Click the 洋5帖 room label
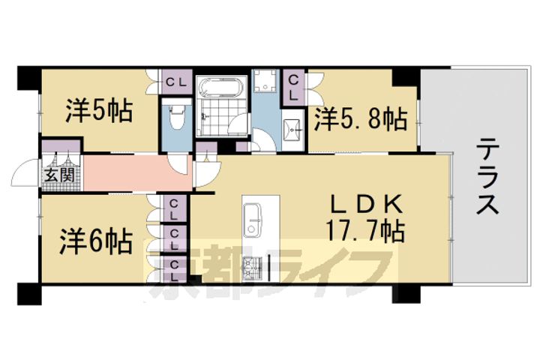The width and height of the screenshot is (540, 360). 98,110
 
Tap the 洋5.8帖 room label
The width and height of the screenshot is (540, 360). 361,119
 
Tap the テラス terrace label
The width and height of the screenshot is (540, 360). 488,175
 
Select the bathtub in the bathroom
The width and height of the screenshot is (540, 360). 221,88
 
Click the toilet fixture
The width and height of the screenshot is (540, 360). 177,116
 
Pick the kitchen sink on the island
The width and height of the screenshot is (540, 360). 253,220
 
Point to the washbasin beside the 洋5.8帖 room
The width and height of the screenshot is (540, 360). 292,130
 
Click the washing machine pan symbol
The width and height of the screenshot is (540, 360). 265,80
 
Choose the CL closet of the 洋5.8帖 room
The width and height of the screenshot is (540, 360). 294,88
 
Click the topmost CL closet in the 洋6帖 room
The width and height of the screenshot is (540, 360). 175,210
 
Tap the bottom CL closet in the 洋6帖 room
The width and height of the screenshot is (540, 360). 175,271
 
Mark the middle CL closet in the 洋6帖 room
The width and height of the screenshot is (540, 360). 175,241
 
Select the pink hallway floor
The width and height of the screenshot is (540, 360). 138,173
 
